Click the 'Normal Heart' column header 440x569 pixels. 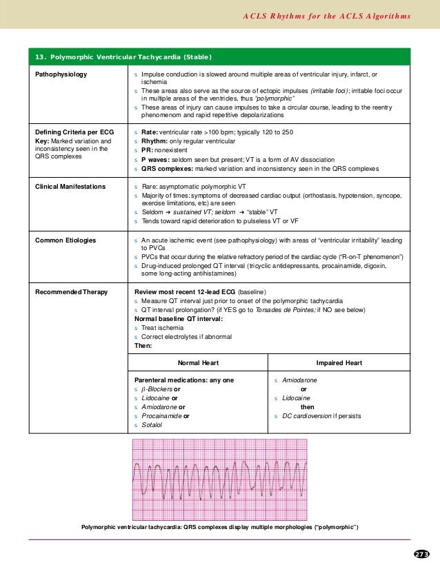click(199, 363)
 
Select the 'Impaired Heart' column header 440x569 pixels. click(339, 363)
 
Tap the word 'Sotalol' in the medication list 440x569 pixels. click(152, 426)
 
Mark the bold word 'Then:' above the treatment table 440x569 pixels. click(143, 346)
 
